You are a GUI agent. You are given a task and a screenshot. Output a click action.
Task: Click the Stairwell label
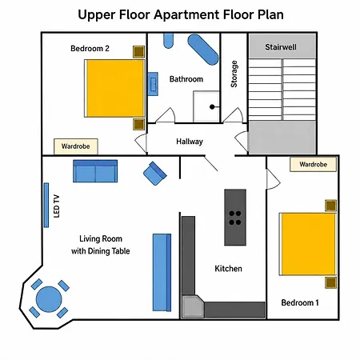[281, 47]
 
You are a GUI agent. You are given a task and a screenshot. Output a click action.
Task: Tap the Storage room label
[234, 74]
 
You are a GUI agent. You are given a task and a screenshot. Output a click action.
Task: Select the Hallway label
[190, 142]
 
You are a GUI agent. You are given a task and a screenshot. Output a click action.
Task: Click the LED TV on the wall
[46, 205]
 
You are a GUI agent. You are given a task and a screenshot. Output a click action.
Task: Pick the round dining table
[49, 299]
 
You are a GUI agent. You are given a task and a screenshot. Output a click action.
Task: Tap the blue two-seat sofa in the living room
[95, 171]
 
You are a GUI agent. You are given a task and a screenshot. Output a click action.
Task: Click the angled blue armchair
[155, 174]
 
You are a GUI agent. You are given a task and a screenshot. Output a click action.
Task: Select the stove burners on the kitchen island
[235, 218]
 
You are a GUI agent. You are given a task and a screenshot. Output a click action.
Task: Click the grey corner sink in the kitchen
[193, 306]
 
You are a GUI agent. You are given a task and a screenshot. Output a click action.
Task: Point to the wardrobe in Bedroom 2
[76, 146]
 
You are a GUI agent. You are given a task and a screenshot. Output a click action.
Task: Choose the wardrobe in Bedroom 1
[313, 164]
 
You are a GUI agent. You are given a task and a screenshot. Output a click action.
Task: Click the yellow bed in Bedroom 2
[114, 88]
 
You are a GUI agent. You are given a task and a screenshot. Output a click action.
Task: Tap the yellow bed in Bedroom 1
[308, 244]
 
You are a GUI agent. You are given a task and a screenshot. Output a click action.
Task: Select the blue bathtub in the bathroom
[203, 50]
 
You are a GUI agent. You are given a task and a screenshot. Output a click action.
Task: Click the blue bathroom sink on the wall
[153, 84]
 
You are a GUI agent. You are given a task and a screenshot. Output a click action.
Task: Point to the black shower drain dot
[212, 107]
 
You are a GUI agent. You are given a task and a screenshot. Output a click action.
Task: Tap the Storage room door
[233, 116]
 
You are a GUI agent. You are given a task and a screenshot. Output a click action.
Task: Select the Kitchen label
[228, 269]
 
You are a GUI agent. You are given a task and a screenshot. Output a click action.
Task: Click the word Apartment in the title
[186, 15]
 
